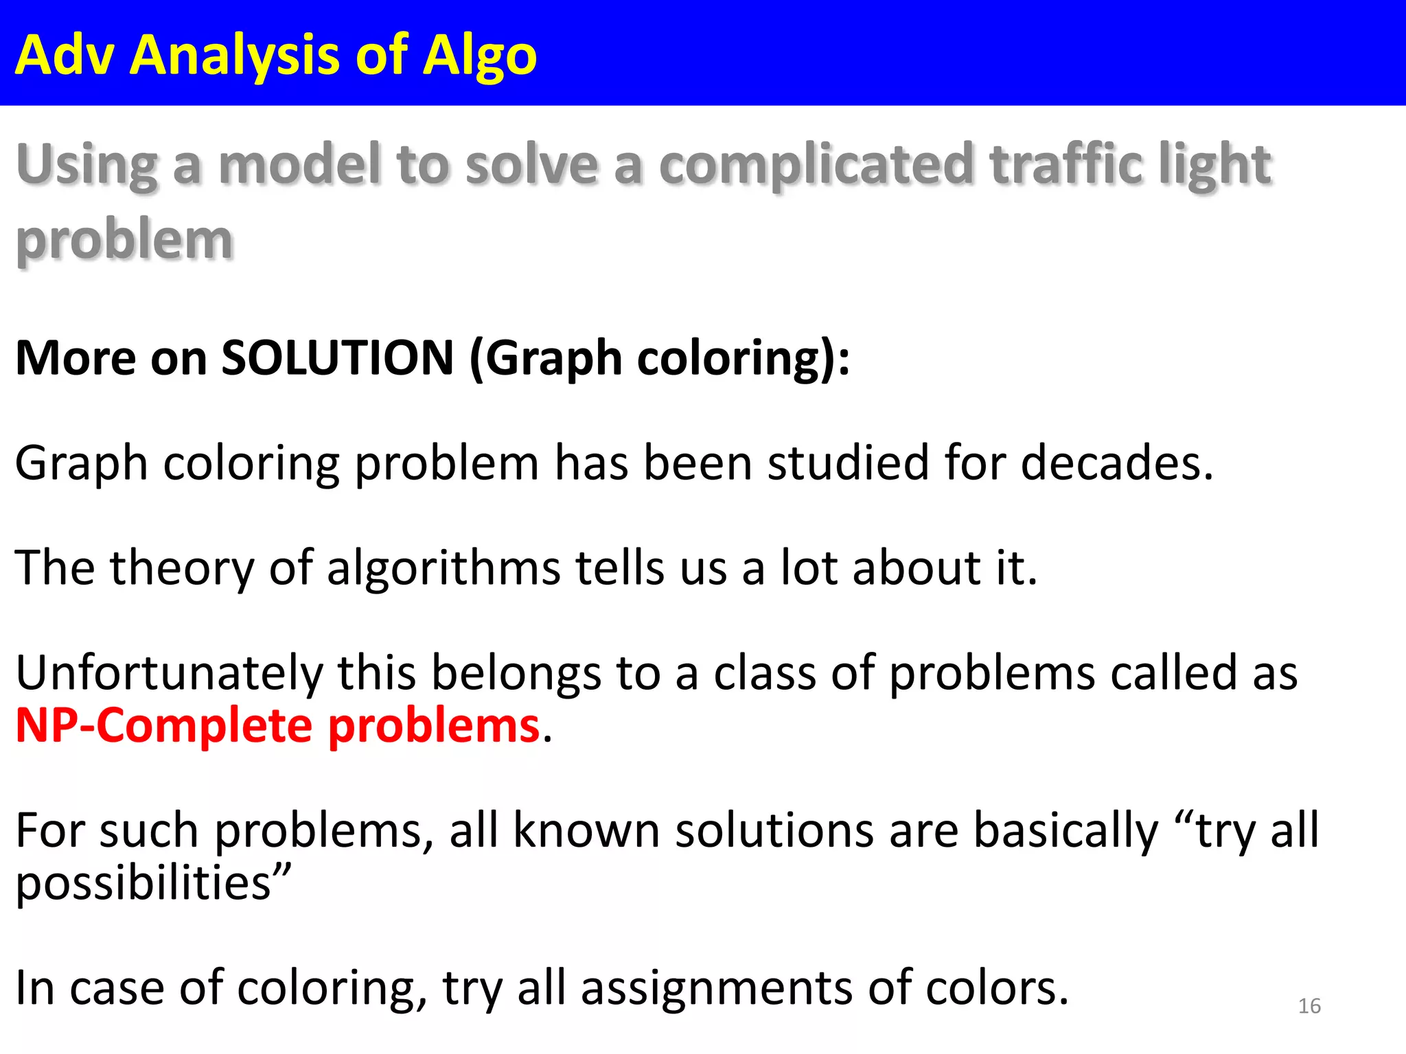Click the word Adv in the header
(x=64, y=55)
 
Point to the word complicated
(x=816, y=165)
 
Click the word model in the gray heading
(x=300, y=165)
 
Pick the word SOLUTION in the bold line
(x=337, y=358)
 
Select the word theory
(x=181, y=569)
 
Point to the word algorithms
(x=443, y=569)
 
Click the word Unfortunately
(x=168, y=673)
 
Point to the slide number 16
(x=1309, y=1006)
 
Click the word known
(x=586, y=831)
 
